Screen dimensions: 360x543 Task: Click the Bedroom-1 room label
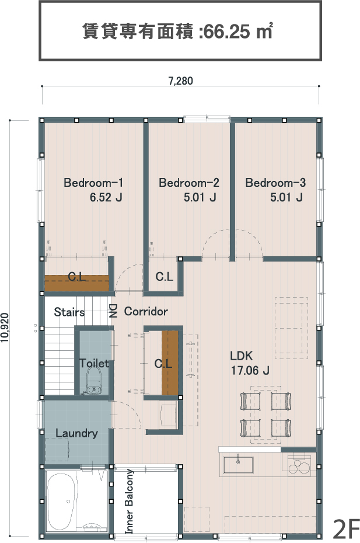[x=93, y=183]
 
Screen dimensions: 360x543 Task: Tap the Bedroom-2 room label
[x=189, y=183]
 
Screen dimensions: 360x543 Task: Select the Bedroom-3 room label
[x=275, y=183]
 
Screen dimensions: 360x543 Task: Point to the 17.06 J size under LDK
[x=250, y=371]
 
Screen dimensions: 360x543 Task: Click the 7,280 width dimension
[x=180, y=81]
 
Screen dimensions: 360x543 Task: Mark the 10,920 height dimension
[x=5, y=328]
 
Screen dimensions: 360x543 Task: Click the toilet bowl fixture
[x=93, y=380]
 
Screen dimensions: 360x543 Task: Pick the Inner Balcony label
[x=129, y=501]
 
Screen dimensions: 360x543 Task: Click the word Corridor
[x=146, y=311]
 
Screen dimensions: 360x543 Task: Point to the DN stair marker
[x=113, y=311]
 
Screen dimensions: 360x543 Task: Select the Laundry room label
[x=77, y=433]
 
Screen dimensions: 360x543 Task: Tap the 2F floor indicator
[x=346, y=529]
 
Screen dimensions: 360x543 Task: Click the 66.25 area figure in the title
[x=226, y=32]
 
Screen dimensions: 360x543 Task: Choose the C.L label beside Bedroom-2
[x=164, y=276]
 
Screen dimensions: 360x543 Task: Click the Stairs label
[x=69, y=312]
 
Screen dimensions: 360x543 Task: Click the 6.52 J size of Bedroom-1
[x=106, y=197]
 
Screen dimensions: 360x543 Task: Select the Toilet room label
[x=93, y=363]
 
